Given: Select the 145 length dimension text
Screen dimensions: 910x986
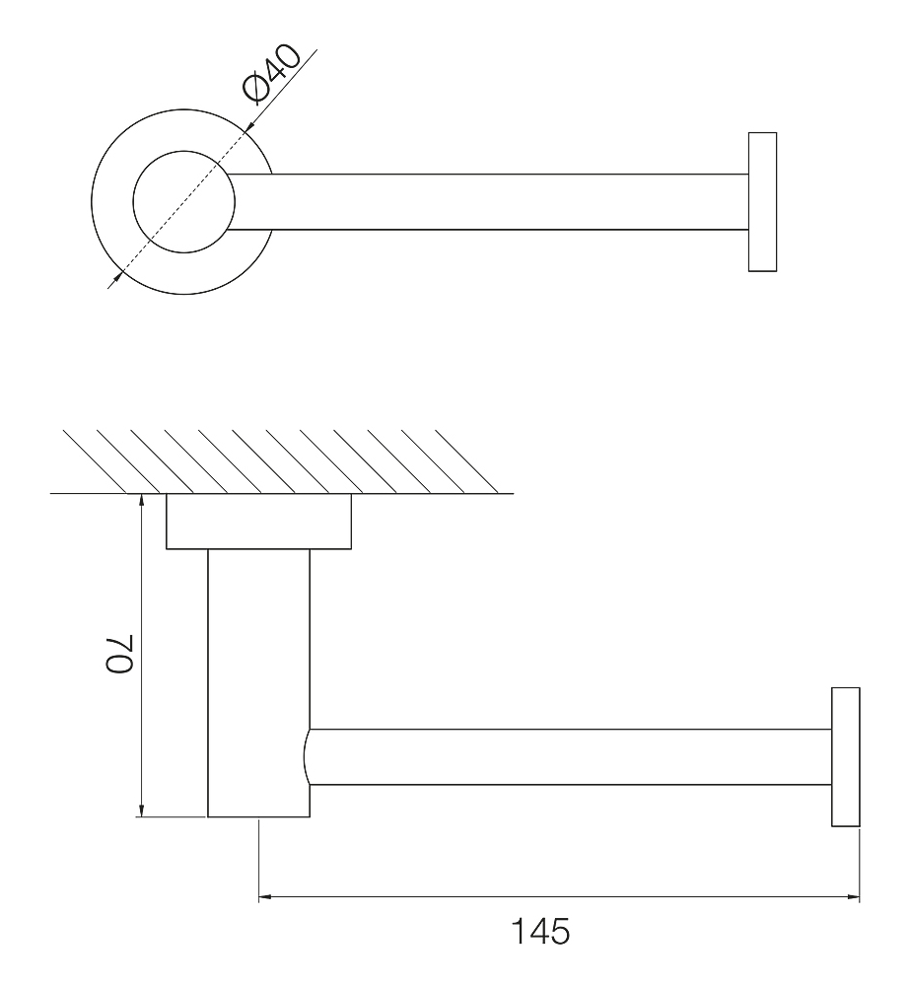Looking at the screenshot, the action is point(540,931).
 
